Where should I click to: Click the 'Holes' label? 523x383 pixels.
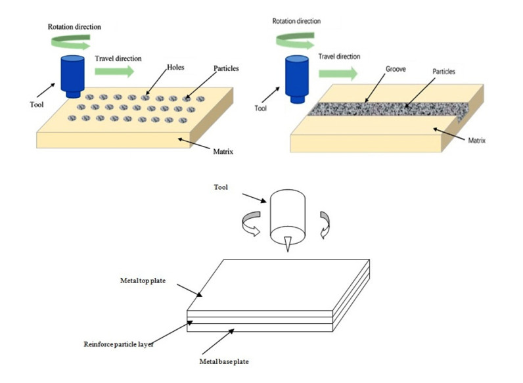[175, 67]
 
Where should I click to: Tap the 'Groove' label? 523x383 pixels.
[396, 69]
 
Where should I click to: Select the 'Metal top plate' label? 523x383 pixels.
[143, 281]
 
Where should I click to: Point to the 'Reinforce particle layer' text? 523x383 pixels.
[118, 344]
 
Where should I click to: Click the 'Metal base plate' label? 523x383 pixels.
[224, 361]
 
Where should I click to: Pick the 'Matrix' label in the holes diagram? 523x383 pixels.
[223, 152]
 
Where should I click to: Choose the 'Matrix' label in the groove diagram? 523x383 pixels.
[476, 141]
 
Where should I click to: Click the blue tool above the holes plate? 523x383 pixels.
[72, 77]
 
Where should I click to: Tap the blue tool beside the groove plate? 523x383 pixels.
[297, 79]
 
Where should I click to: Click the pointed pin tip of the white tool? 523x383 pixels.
[288, 251]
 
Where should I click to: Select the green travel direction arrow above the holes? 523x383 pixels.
[114, 71]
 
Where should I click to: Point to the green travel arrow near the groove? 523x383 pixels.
[338, 74]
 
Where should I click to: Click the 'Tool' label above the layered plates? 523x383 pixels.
[221, 187]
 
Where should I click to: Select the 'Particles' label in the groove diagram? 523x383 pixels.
[443, 72]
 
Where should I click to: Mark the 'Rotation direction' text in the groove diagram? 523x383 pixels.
[296, 21]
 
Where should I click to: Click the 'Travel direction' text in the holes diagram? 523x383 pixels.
[118, 58]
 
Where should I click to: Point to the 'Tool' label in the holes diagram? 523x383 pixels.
[37, 104]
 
